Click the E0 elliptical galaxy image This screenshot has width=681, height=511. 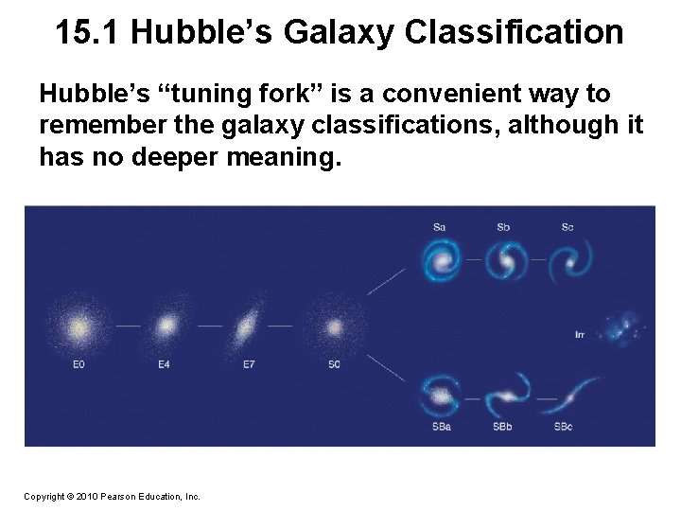pos(79,327)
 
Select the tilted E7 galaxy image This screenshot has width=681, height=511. pos(247,327)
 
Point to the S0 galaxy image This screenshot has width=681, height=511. pos(334,327)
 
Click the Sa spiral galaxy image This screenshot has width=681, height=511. pos(440,258)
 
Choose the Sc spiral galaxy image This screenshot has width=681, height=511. pos(567,258)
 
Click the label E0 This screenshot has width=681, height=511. pos(79,364)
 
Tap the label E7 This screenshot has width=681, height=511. pos(248,364)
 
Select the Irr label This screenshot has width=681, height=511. pos(580,335)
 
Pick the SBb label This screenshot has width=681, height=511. pos(503,427)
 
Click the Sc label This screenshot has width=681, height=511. pos(567,227)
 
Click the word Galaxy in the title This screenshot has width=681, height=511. pos(335,33)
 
